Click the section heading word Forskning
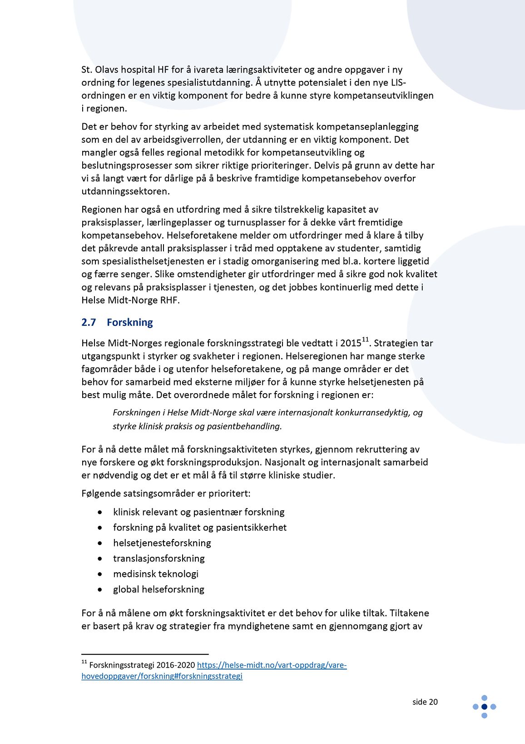pos(129,322)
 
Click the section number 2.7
pos(89,322)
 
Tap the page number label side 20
pos(425,702)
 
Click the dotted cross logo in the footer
pos(484,707)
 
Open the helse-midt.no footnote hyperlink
pos(272,665)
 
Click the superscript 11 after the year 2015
pos(365,339)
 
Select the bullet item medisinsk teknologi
pos(156,574)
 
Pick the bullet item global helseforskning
pos(158,589)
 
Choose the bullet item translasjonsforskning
pos(158,558)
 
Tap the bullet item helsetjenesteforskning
pos(162,543)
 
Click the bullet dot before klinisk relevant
pos(100,512)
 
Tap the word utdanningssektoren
pos(125,191)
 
